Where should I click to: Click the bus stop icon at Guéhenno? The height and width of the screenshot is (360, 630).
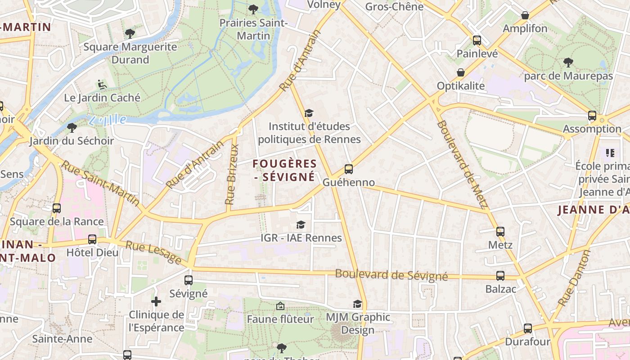(349, 169)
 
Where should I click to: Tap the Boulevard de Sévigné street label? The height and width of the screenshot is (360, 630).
(391, 275)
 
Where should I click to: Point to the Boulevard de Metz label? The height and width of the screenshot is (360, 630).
(462, 164)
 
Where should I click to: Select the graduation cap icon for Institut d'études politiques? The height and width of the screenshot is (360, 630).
(309, 113)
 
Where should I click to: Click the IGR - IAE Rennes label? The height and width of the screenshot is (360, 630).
(301, 238)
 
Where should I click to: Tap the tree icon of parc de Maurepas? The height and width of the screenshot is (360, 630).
(568, 63)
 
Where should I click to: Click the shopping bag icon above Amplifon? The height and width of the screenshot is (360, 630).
(525, 16)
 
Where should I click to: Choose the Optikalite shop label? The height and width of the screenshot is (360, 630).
(461, 86)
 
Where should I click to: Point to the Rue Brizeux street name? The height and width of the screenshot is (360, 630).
(231, 175)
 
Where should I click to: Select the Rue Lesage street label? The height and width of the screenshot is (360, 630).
(153, 252)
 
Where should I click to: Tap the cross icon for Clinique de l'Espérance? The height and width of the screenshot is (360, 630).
(156, 301)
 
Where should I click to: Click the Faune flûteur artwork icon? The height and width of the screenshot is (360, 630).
(280, 306)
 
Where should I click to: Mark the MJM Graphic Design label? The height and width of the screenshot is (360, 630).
(358, 324)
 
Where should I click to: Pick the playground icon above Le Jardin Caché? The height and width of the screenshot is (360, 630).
(102, 84)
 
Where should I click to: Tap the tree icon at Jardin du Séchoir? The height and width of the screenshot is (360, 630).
(72, 128)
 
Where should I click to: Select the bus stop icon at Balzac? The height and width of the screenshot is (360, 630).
(500, 276)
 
